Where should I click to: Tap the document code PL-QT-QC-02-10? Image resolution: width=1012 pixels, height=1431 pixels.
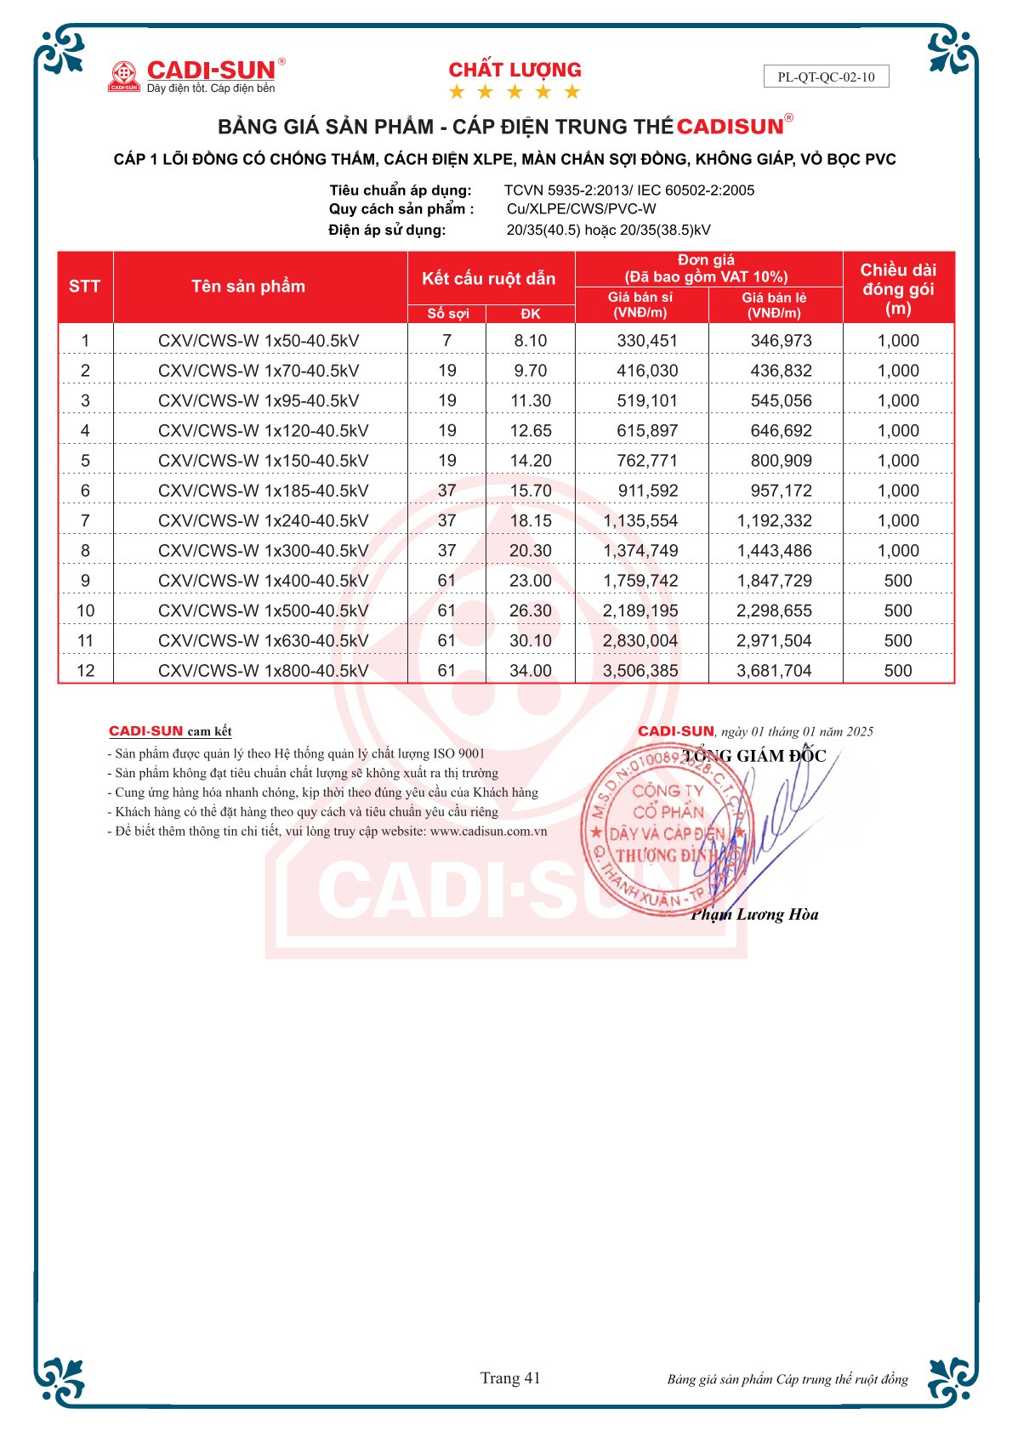826,77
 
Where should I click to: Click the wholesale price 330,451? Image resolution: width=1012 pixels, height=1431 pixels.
647,341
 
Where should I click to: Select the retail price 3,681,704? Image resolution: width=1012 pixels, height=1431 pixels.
774,671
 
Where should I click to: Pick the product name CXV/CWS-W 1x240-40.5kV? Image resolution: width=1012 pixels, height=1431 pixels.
263,521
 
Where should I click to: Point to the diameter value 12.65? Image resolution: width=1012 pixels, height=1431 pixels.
531,431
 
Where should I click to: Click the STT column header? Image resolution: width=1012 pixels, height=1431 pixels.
84,287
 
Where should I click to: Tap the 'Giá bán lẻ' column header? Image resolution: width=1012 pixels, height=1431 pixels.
774,305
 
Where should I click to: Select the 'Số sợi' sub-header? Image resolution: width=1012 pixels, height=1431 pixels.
447,314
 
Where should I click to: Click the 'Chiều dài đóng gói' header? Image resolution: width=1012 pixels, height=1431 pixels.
898,289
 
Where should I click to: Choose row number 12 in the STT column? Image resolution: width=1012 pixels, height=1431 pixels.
85,671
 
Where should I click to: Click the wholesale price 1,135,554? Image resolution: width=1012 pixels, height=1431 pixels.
640,521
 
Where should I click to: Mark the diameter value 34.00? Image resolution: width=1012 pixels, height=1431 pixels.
531,671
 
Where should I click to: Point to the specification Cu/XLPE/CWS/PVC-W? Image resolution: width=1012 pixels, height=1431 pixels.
581,209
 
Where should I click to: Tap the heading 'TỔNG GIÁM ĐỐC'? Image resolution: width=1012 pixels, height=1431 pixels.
753,756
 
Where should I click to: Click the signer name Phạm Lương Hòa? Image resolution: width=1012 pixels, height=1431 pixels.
754,915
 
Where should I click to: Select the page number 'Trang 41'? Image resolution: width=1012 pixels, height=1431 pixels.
510,1378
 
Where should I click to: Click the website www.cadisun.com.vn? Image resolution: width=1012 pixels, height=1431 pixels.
488,832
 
